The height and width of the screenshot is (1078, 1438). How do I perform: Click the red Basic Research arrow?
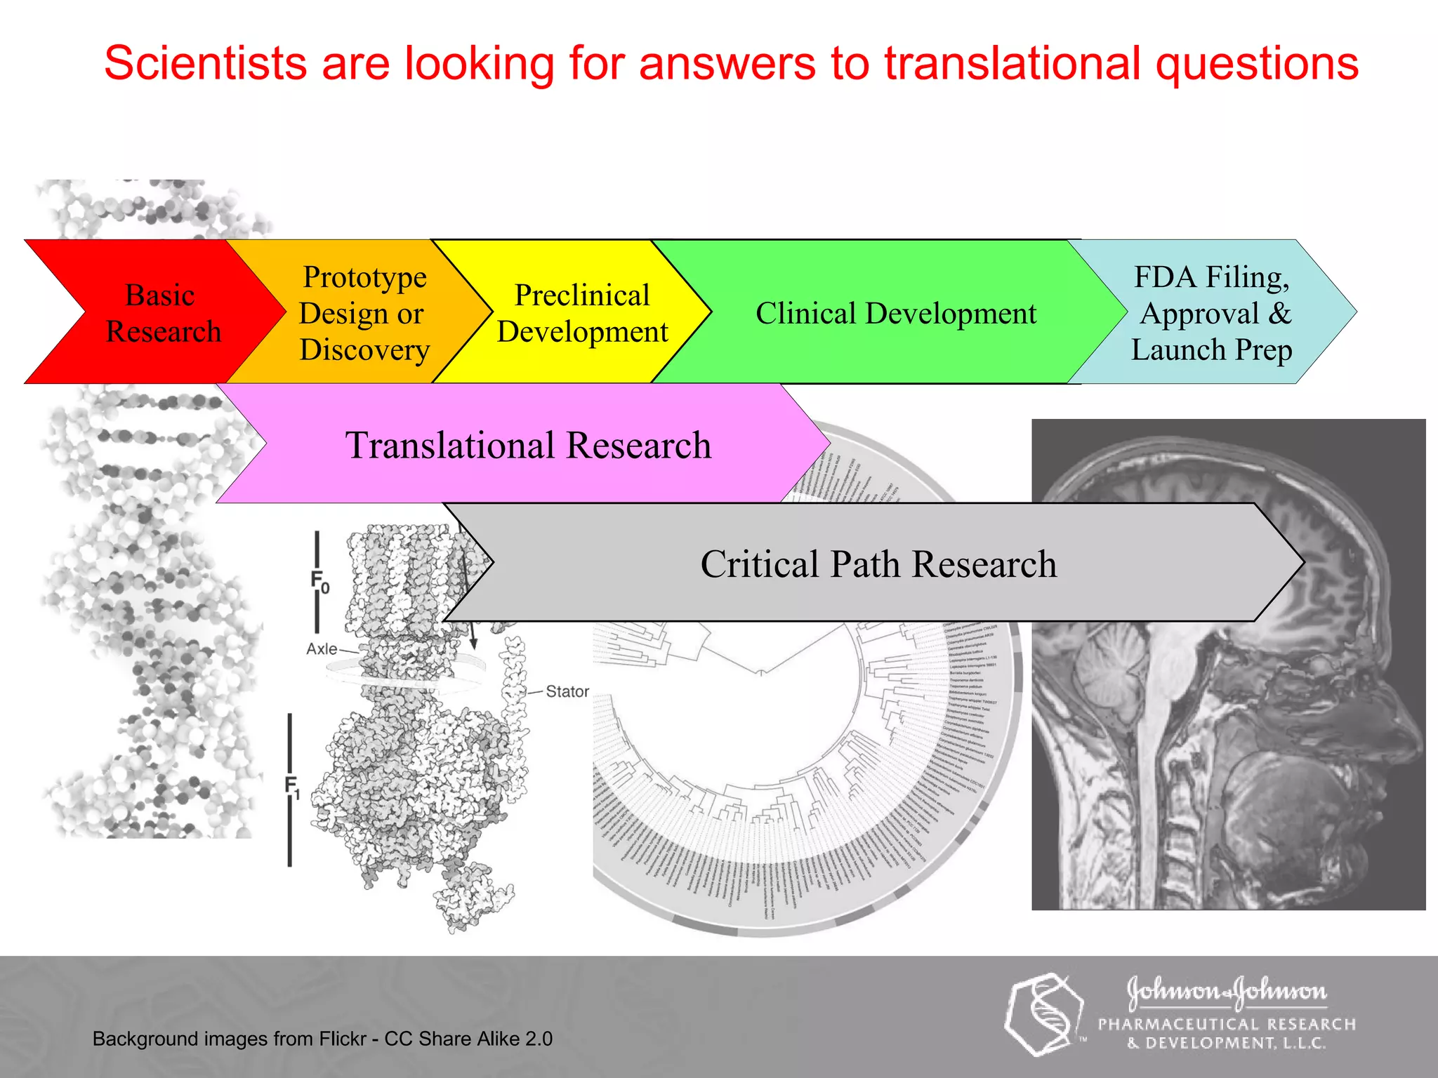(161, 313)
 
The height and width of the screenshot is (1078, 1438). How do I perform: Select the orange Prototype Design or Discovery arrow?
(364, 313)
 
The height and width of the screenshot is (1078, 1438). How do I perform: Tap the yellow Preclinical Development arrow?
(582, 313)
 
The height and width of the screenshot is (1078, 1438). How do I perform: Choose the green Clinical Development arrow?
(895, 313)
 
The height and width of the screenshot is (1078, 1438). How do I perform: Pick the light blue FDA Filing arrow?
(1211, 313)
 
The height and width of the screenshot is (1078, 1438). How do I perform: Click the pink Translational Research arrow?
(528, 445)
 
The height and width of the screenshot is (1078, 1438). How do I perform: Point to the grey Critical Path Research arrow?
(878, 564)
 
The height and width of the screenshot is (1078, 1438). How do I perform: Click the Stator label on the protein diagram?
(567, 692)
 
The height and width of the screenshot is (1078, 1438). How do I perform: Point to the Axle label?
(322, 649)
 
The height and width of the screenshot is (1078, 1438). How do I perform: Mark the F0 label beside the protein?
(319, 581)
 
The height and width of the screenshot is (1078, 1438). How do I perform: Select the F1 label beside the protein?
(292, 786)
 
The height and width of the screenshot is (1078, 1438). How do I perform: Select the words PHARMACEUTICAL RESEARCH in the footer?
(1227, 1025)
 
